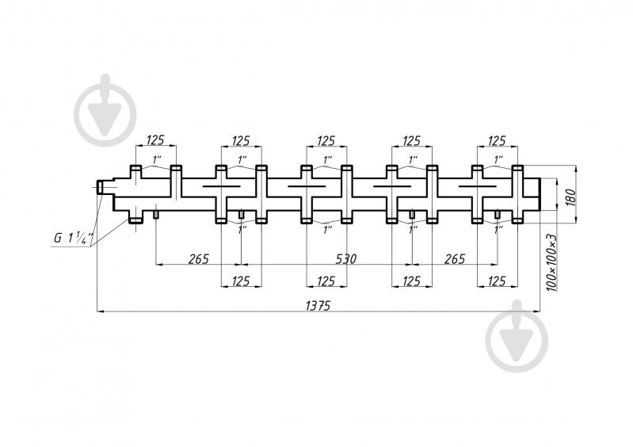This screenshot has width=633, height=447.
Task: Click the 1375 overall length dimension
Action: (318, 306)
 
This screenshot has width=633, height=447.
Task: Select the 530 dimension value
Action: (346, 259)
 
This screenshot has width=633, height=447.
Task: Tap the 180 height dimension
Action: (571, 197)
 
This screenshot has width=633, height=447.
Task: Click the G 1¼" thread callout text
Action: (74, 238)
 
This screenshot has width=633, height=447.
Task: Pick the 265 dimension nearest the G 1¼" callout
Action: (199, 259)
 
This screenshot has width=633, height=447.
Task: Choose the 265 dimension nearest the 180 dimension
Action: (455, 259)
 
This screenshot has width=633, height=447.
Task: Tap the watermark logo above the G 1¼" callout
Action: (105, 111)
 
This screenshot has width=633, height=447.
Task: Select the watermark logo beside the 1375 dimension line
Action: (517, 336)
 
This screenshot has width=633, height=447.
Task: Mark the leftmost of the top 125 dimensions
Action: (155, 140)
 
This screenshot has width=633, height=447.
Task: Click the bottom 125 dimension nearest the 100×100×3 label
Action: (497, 281)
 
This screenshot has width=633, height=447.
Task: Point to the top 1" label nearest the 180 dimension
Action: (499, 159)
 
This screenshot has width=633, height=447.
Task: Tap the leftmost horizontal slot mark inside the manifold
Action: (222, 186)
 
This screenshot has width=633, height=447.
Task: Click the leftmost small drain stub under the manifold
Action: (155, 213)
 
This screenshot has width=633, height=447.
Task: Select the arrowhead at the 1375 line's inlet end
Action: (100, 311)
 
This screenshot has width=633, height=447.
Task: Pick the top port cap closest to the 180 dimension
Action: (517, 168)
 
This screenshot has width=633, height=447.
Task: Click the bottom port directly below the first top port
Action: (135, 220)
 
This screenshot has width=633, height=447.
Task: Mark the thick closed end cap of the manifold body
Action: (539, 194)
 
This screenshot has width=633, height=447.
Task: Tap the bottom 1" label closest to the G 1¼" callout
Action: (242, 230)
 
